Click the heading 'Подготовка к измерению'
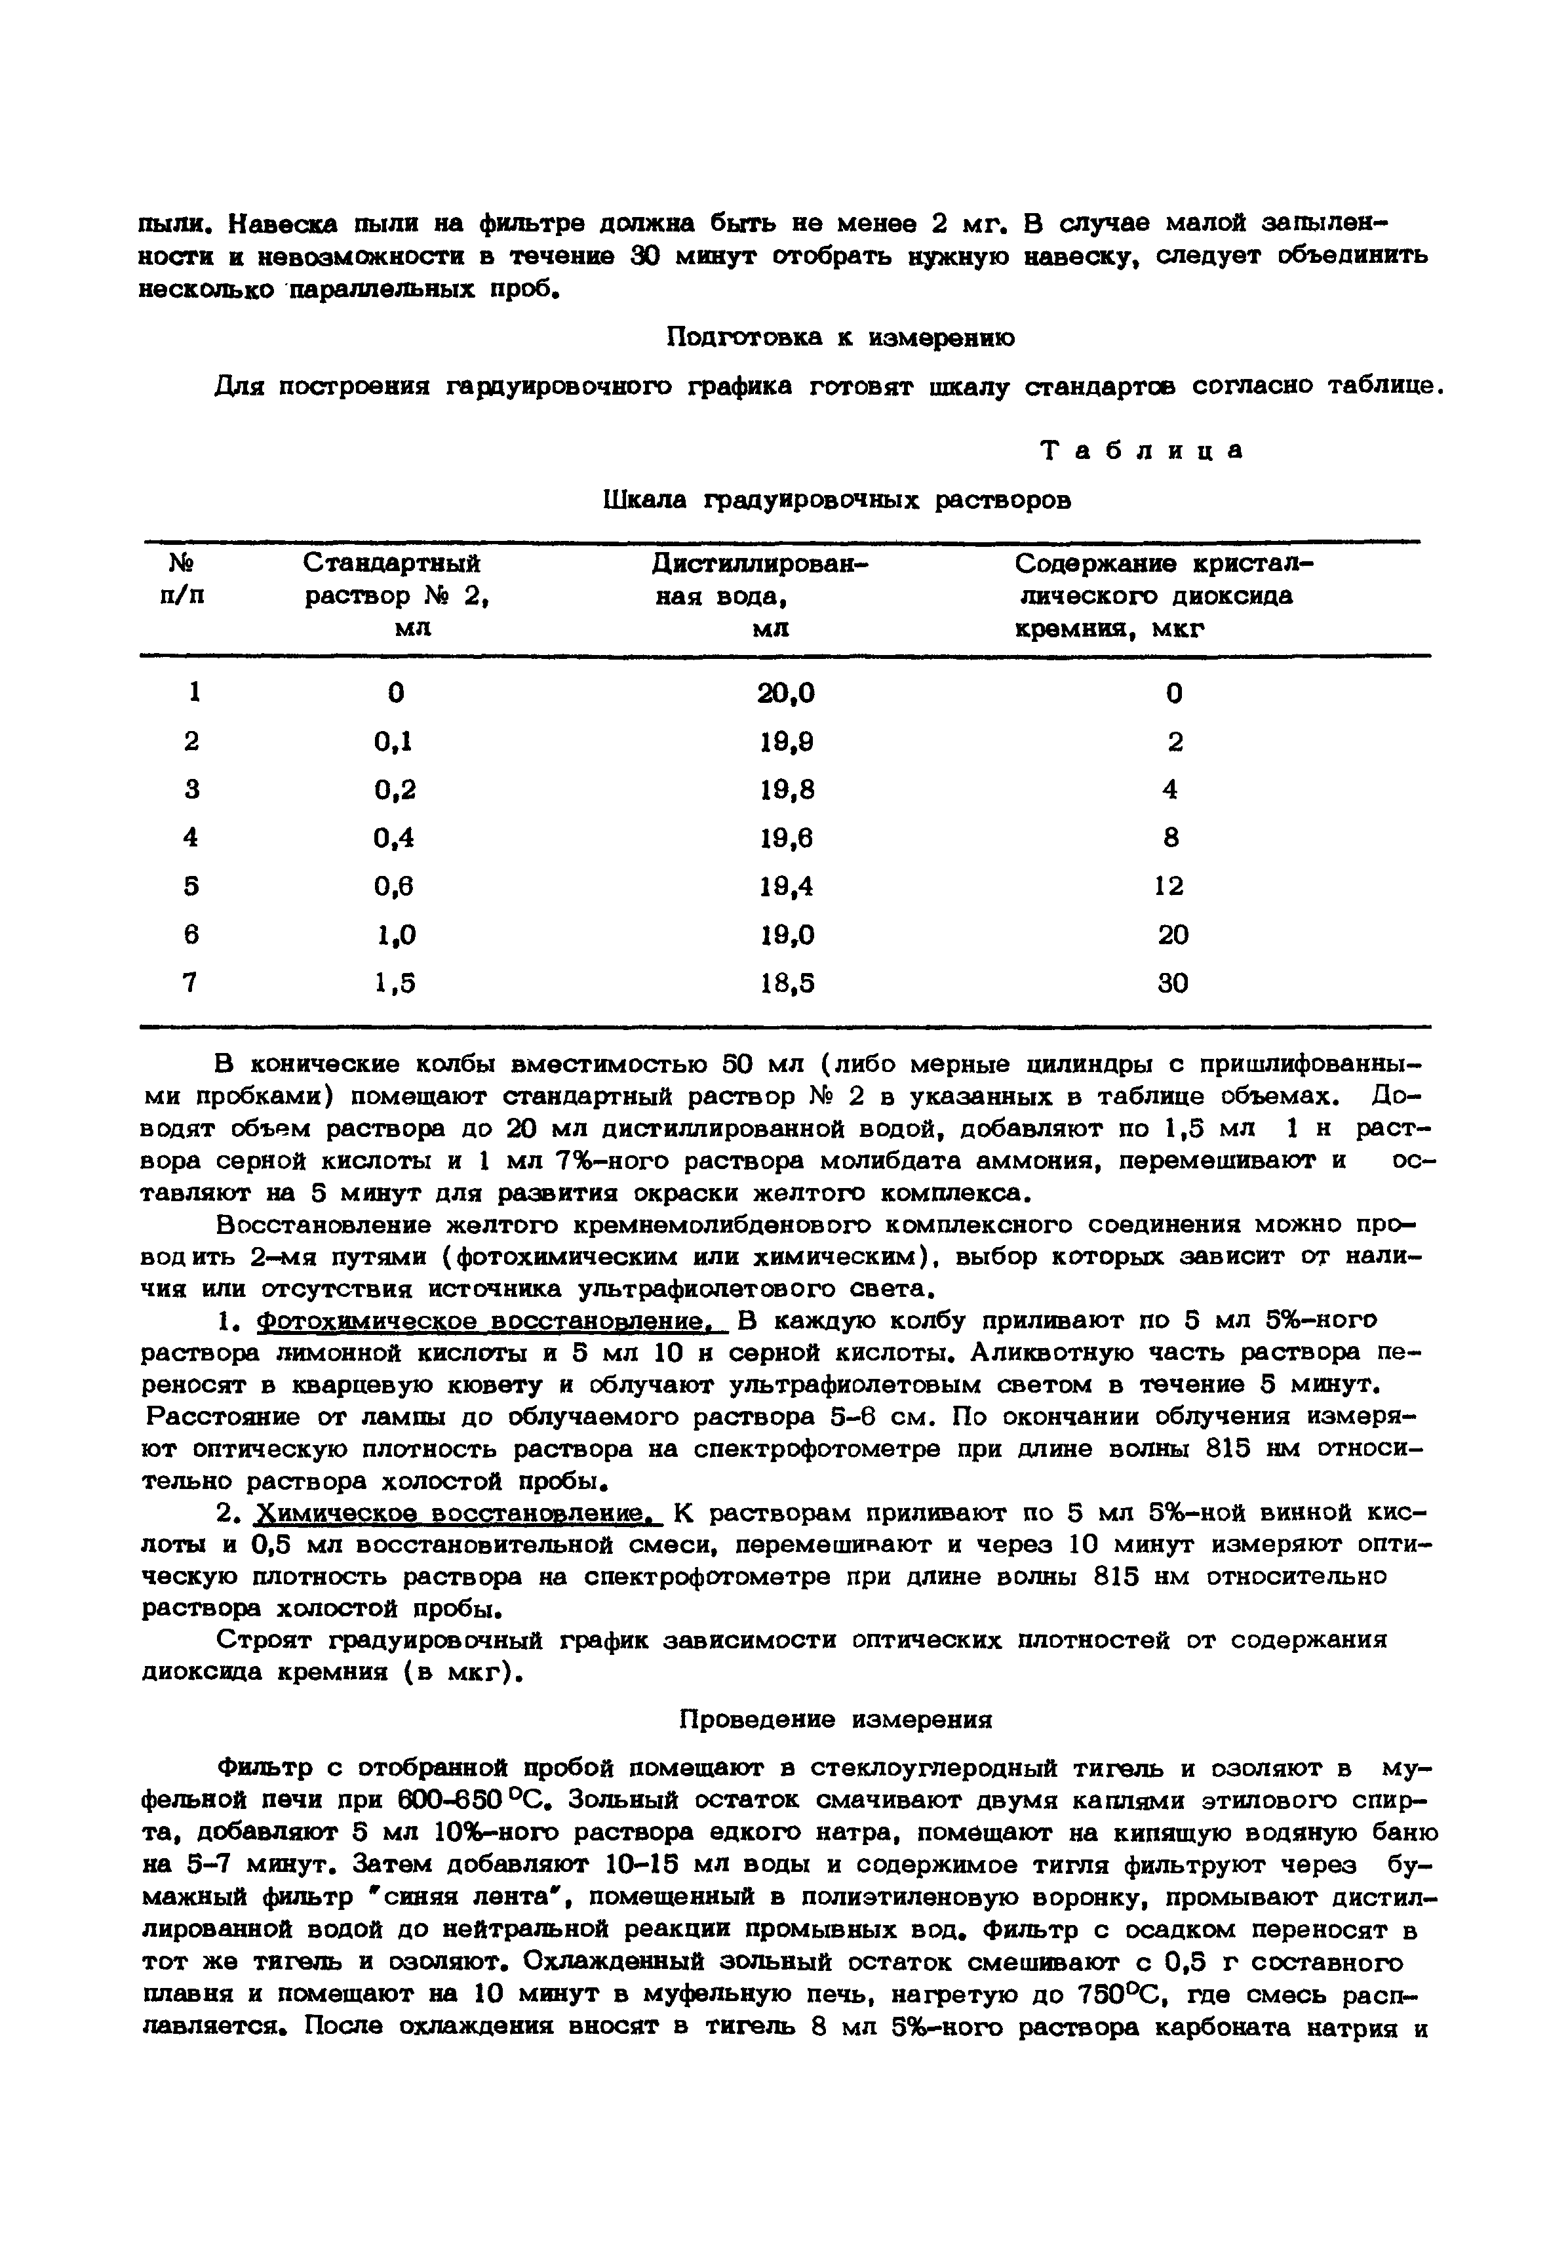click(840, 338)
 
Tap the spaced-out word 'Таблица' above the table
click(1141, 451)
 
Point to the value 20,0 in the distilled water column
click(786, 693)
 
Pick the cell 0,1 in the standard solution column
click(393, 742)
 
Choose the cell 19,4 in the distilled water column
click(786, 886)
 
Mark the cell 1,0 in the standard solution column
click(396, 935)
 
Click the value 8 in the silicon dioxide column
click(1171, 838)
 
